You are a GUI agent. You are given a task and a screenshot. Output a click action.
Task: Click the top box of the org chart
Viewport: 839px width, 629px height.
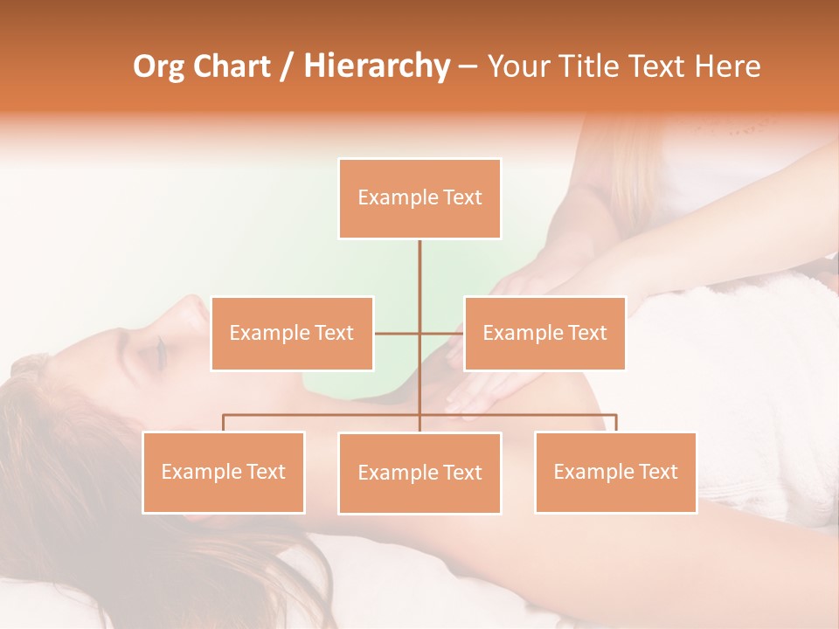click(x=419, y=198)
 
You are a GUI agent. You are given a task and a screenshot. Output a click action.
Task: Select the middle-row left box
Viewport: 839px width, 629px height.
click(x=292, y=333)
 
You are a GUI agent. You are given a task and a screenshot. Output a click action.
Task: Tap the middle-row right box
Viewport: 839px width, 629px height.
click(x=544, y=333)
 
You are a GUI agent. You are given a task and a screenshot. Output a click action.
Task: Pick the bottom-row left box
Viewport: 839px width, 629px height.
click(x=224, y=472)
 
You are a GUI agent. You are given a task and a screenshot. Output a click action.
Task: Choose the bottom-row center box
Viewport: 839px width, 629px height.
click(x=419, y=473)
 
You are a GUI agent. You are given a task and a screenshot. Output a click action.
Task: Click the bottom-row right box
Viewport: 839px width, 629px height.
click(x=615, y=472)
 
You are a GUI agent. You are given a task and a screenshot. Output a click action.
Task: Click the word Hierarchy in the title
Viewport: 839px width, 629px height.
click(x=377, y=66)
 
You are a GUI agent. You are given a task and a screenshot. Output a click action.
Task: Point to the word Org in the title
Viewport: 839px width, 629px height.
click(x=160, y=66)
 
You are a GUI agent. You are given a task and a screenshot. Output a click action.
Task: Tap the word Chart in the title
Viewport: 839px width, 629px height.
click(x=232, y=66)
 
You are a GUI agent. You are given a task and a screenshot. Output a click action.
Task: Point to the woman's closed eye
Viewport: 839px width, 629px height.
click(x=159, y=351)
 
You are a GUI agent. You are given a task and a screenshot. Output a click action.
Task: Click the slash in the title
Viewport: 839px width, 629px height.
click(x=286, y=67)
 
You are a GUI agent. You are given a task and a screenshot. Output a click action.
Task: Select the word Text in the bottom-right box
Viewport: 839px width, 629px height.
click(x=658, y=472)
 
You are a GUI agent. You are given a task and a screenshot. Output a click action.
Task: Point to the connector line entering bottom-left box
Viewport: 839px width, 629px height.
click(x=224, y=423)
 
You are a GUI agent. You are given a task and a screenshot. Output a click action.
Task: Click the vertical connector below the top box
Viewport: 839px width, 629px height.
click(x=419, y=271)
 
